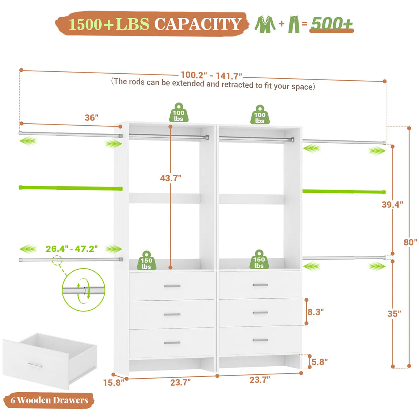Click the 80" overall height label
pos(410,242)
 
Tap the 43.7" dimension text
pos(171,178)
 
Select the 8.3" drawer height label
pos(315,311)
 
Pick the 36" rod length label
pos(92,118)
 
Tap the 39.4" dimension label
pos(392,204)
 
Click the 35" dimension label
pos(394,313)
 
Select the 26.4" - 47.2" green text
pos(71,248)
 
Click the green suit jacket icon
pos(265,24)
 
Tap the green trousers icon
pos(294,24)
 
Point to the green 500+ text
pos(332,24)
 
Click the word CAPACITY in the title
pos(198,24)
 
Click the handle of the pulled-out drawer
pos(35,365)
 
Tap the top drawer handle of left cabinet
pos(172,286)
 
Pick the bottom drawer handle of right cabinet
pos(260,340)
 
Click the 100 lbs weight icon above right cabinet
pos(260,115)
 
